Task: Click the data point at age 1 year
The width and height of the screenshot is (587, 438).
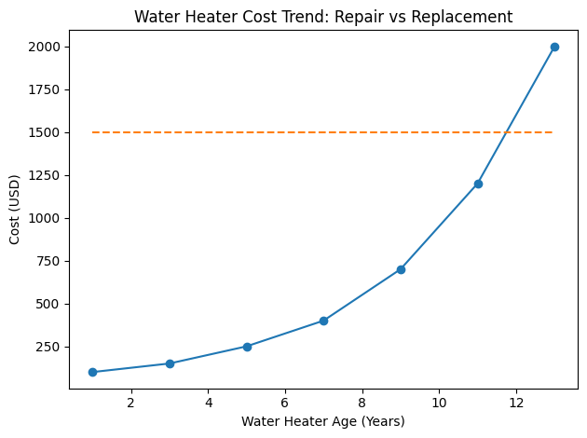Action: click(x=92, y=372)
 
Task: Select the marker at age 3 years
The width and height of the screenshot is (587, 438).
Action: click(x=170, y=363)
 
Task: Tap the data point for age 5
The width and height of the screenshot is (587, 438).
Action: click(x=247, y=347)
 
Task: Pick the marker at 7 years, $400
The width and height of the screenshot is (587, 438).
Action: click(x=323, y=321)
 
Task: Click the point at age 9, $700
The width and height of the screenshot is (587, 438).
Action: click(x=401, y=269)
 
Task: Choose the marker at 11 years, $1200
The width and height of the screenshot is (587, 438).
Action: click(x=478, y=184)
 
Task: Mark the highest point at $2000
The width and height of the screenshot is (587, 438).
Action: click(x=554, y=47)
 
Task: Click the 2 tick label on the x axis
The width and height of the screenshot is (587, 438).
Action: click(x=131, y=402)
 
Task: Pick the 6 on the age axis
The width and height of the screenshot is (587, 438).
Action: click(x=285, y=402)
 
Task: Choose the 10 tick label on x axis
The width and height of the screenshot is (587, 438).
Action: click(x=439, y=402)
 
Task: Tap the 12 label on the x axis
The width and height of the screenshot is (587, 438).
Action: click(x=516, y=402)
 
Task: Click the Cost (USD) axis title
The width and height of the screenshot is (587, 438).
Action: click(x=16, y=210)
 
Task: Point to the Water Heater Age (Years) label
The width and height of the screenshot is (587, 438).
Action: click(x=323, y=421)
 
